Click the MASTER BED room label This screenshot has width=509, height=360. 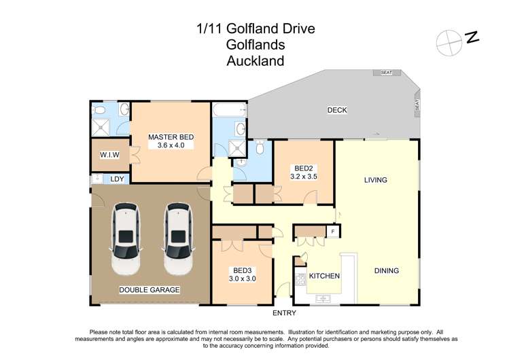(x=171, y=137)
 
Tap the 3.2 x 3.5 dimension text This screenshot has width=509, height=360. (x=303, y=176)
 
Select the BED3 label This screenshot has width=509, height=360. (x=241, y=270)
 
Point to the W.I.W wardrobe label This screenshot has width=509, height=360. (x=109, y=155)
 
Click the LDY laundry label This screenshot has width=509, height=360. (x=117, y=179)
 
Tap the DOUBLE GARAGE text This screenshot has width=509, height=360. (x=150, y=290)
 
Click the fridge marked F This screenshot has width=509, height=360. (x=333, y=232)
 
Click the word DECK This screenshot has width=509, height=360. (x=337, y=109)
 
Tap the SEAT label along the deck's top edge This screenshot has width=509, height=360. (x=387, y=72)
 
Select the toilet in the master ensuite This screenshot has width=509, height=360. (x=99, y=109)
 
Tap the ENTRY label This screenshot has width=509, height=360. (x=285, y=313)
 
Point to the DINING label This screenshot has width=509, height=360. (x=386, y=270)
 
